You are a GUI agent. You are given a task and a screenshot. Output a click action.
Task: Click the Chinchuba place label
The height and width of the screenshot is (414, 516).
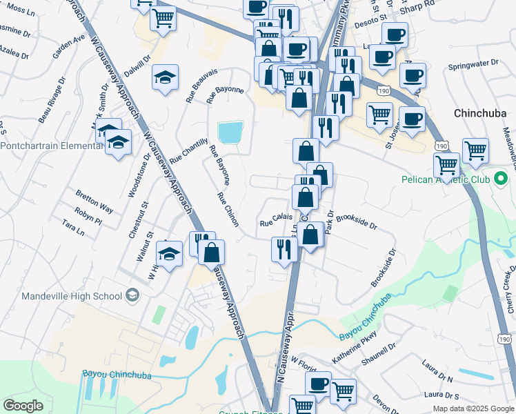click(480, 112)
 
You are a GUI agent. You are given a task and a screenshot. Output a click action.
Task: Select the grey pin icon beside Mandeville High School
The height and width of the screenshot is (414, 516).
click(132, 296)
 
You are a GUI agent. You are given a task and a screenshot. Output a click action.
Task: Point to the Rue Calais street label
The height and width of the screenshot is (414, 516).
click(277, 219)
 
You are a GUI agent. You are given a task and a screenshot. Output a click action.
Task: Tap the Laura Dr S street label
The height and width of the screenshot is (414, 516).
click(442, 395)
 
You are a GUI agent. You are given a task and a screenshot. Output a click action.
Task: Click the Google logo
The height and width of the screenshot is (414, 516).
click(23, 406)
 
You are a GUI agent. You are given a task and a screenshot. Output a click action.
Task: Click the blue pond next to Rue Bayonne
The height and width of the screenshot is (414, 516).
click(230, 131)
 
